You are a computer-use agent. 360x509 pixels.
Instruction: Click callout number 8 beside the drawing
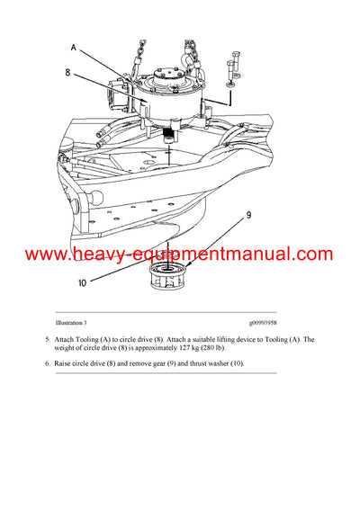point(67,75)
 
